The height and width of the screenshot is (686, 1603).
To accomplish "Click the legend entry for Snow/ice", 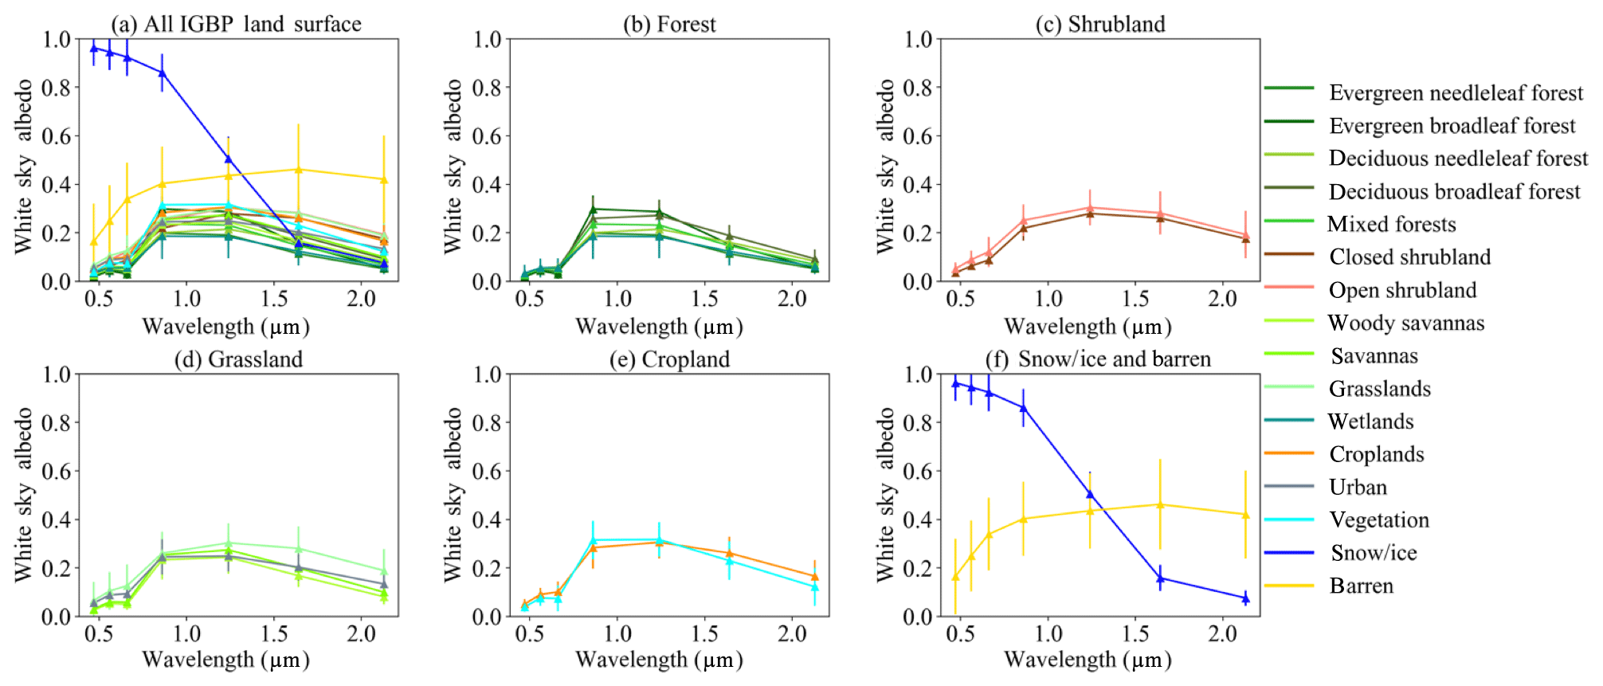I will point(1374,553).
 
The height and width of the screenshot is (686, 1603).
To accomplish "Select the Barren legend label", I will point(1361,586).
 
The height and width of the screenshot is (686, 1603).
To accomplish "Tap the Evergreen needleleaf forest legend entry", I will point(1456,93).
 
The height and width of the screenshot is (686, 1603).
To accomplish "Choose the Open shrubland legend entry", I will point(1402,290).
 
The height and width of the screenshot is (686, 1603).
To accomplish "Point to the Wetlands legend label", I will point(1370,421).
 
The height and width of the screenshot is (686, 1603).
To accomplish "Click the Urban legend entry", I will point(1358,488).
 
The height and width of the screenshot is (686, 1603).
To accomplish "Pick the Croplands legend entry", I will point(1376,454).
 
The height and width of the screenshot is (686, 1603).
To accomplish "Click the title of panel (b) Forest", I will point(669,25).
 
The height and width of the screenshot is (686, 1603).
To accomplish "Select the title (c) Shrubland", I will point(1100,25).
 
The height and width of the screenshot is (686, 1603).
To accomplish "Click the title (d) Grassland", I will point(238,359).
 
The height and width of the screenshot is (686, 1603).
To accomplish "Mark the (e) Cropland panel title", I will point(669,359).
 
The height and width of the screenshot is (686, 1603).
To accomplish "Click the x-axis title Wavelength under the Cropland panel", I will point(659,660).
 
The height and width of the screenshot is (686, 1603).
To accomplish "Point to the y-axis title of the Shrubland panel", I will point(885,167).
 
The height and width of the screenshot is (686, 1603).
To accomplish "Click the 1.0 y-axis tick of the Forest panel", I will point(486,39).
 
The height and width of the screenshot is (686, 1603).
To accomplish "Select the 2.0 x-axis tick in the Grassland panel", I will point(361,634).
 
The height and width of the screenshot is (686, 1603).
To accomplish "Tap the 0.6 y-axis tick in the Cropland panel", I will point(486,471).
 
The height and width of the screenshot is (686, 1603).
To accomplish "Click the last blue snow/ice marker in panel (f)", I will point(1245,598).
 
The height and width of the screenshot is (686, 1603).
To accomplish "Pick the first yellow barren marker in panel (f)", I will point(955,577).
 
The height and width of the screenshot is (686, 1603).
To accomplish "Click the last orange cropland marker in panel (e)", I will point(814,576).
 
